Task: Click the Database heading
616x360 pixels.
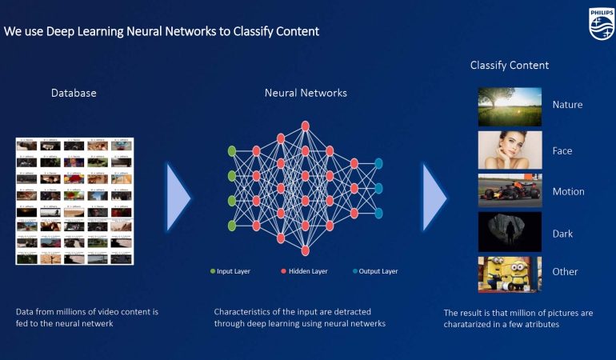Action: click(x=74, y=93)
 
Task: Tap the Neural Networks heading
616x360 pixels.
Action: click(x=306, y=93)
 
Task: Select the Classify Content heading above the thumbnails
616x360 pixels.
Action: click(x=510, y=66)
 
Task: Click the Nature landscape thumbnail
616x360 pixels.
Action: click(x=510, y=106)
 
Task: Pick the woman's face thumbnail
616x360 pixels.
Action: click(x=510, y=150)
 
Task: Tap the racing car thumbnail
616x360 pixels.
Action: click(x=510, y=191)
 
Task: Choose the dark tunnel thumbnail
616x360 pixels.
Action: click(x=510, y=232)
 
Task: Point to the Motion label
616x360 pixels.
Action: click(x=568, y=192)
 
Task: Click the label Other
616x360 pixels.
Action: click(x=565, y=272)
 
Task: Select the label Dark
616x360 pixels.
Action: click(x=562, y=234)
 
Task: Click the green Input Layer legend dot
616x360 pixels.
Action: click(x=212, y=271)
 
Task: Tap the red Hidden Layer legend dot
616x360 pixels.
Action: click(x=283, y=271)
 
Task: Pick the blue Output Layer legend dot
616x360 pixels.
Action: click(x=354, y=271)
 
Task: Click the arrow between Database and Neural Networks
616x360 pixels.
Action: click(x=178, y=197)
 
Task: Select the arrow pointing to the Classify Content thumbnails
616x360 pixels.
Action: click(x=434, y=197)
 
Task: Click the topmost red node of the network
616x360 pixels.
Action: click(x=305, y=126)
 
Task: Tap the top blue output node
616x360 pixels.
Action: click(x=378, y=163)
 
